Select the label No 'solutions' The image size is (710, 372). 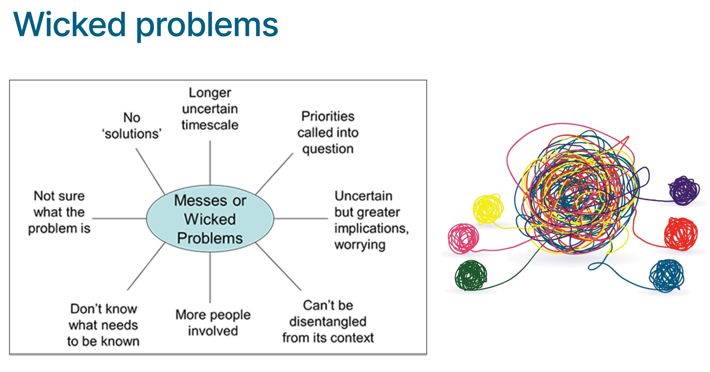132,126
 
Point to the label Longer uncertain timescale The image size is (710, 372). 210,109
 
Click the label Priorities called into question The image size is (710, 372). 328,132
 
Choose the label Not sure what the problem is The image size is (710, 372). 59,212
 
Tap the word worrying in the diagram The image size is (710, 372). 360,245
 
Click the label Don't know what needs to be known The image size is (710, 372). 103,325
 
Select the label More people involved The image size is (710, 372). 213,323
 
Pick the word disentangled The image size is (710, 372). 328,322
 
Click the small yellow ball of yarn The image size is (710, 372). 488,209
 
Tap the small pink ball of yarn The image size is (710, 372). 463,238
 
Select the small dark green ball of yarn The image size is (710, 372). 471,275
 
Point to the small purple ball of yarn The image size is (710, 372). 684,190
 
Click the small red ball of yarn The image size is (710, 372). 681,234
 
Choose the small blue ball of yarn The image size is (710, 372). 666,275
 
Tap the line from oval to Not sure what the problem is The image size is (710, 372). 119,219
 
